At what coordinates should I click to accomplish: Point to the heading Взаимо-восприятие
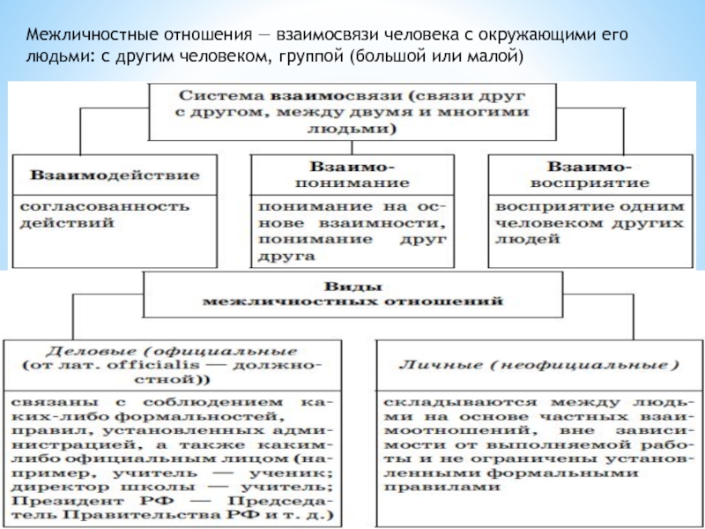586,174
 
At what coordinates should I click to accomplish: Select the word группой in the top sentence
316,57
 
